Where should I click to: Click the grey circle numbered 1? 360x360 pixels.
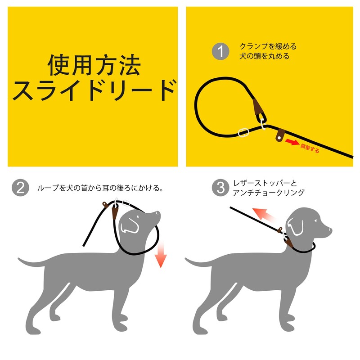pyautogui.click(x=220, y=51)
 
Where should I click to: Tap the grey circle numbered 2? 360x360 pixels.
pyautogui.click(x=20, y=188)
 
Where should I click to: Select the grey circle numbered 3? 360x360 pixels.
pyautogui.click(x=220, y=188)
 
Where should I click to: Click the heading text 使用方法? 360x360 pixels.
pyautogui.click(x=94, y=66)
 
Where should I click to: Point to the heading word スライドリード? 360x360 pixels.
pyautogui.click(x=94, y=90)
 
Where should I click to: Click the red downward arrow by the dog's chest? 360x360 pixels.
pyautogui.click(x=160, y=259)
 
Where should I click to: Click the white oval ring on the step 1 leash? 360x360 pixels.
pyautogui.click(x=243, y=133)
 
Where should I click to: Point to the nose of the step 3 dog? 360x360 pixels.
pyautogui.click(x=330, y=230)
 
